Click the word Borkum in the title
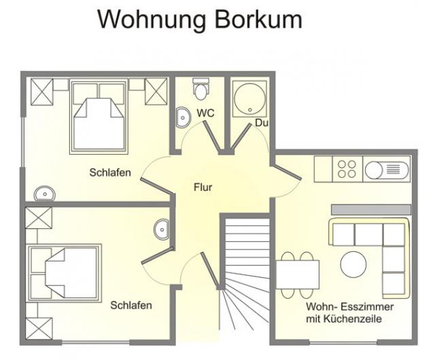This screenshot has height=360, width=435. tap(258, 20)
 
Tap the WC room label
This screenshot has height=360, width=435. tap(205, 113)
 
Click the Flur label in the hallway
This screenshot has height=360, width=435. tap(203, 187)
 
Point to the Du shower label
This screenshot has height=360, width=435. tap(261, 122)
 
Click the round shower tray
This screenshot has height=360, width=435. tap(250, 98)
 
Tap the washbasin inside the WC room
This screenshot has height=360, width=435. tap(183, 118)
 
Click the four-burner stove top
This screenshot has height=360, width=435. tap(347, 169)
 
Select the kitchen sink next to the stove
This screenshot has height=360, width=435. tap(387, 169)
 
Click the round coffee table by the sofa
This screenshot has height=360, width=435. tap(353, 264)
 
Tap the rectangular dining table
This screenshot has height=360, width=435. tap(298, 274)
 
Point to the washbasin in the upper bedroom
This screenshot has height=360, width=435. tap(45, 194)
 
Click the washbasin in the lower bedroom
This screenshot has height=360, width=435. tap(162, 230)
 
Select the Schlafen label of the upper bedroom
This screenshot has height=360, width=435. tap(110, 173)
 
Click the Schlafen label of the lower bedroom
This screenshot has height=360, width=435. tap(131, 305)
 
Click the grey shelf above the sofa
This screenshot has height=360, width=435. tap(371, 210)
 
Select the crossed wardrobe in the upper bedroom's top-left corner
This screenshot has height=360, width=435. tap(42, 92)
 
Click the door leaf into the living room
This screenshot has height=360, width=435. tap(287, 173)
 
